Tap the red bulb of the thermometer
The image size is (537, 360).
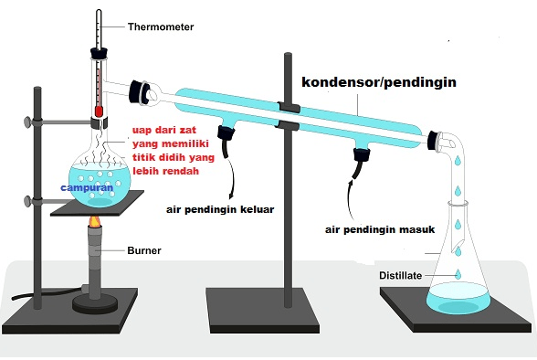[98, 111]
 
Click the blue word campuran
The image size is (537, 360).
[87, 187]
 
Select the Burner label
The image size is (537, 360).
[145, 248]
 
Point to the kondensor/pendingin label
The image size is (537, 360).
[378, 81]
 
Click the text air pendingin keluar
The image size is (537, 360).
[220, 208]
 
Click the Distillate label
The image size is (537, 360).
[404, 275]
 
